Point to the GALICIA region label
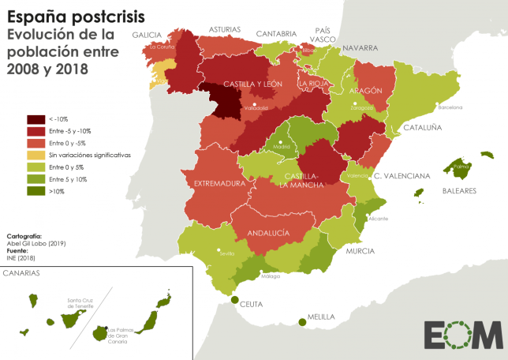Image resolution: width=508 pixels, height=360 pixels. pyautogui.click(x=147, y=35)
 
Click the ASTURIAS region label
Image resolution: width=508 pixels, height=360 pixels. pyautogui.click(x=225, y=29)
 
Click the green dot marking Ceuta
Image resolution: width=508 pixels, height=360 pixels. pyautogui.click(x=235, y=299)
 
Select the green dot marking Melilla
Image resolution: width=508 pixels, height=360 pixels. pyautogui.click(x=301, y=321)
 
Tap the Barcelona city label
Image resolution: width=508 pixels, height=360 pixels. pyautogui.click(x=450, y=107)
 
